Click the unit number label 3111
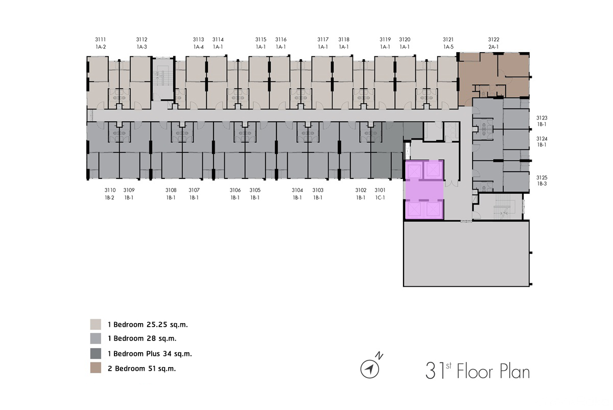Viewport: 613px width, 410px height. coord(101,39)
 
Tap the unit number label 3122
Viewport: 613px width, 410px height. coord(493,39)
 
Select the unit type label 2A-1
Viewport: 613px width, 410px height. coord(493,47)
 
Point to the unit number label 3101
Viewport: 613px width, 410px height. coord(380,190)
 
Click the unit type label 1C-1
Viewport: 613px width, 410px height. coord(380,197)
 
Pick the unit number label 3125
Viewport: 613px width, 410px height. coord(541,177)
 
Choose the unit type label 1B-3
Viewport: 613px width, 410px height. coord(541,184)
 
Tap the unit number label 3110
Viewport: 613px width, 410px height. coord(110,190)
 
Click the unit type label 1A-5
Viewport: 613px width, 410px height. coord(449,47)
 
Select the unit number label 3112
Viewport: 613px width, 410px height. coord(142,39)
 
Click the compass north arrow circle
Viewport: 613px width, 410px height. coord(370,369)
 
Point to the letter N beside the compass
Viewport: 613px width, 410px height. coord(379,355)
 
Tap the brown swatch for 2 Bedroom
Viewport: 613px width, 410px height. coord(96,368)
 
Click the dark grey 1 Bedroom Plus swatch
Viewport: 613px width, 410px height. coord(96,353)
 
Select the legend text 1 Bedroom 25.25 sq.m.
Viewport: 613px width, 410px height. coord(148,325)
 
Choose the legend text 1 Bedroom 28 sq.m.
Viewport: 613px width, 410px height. coord(142,338)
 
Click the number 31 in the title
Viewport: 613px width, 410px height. coord(435,371)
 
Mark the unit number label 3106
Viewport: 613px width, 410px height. coord(235,190)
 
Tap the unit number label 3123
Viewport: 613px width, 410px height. coord(541,118)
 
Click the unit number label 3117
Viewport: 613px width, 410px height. coord(323,39)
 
